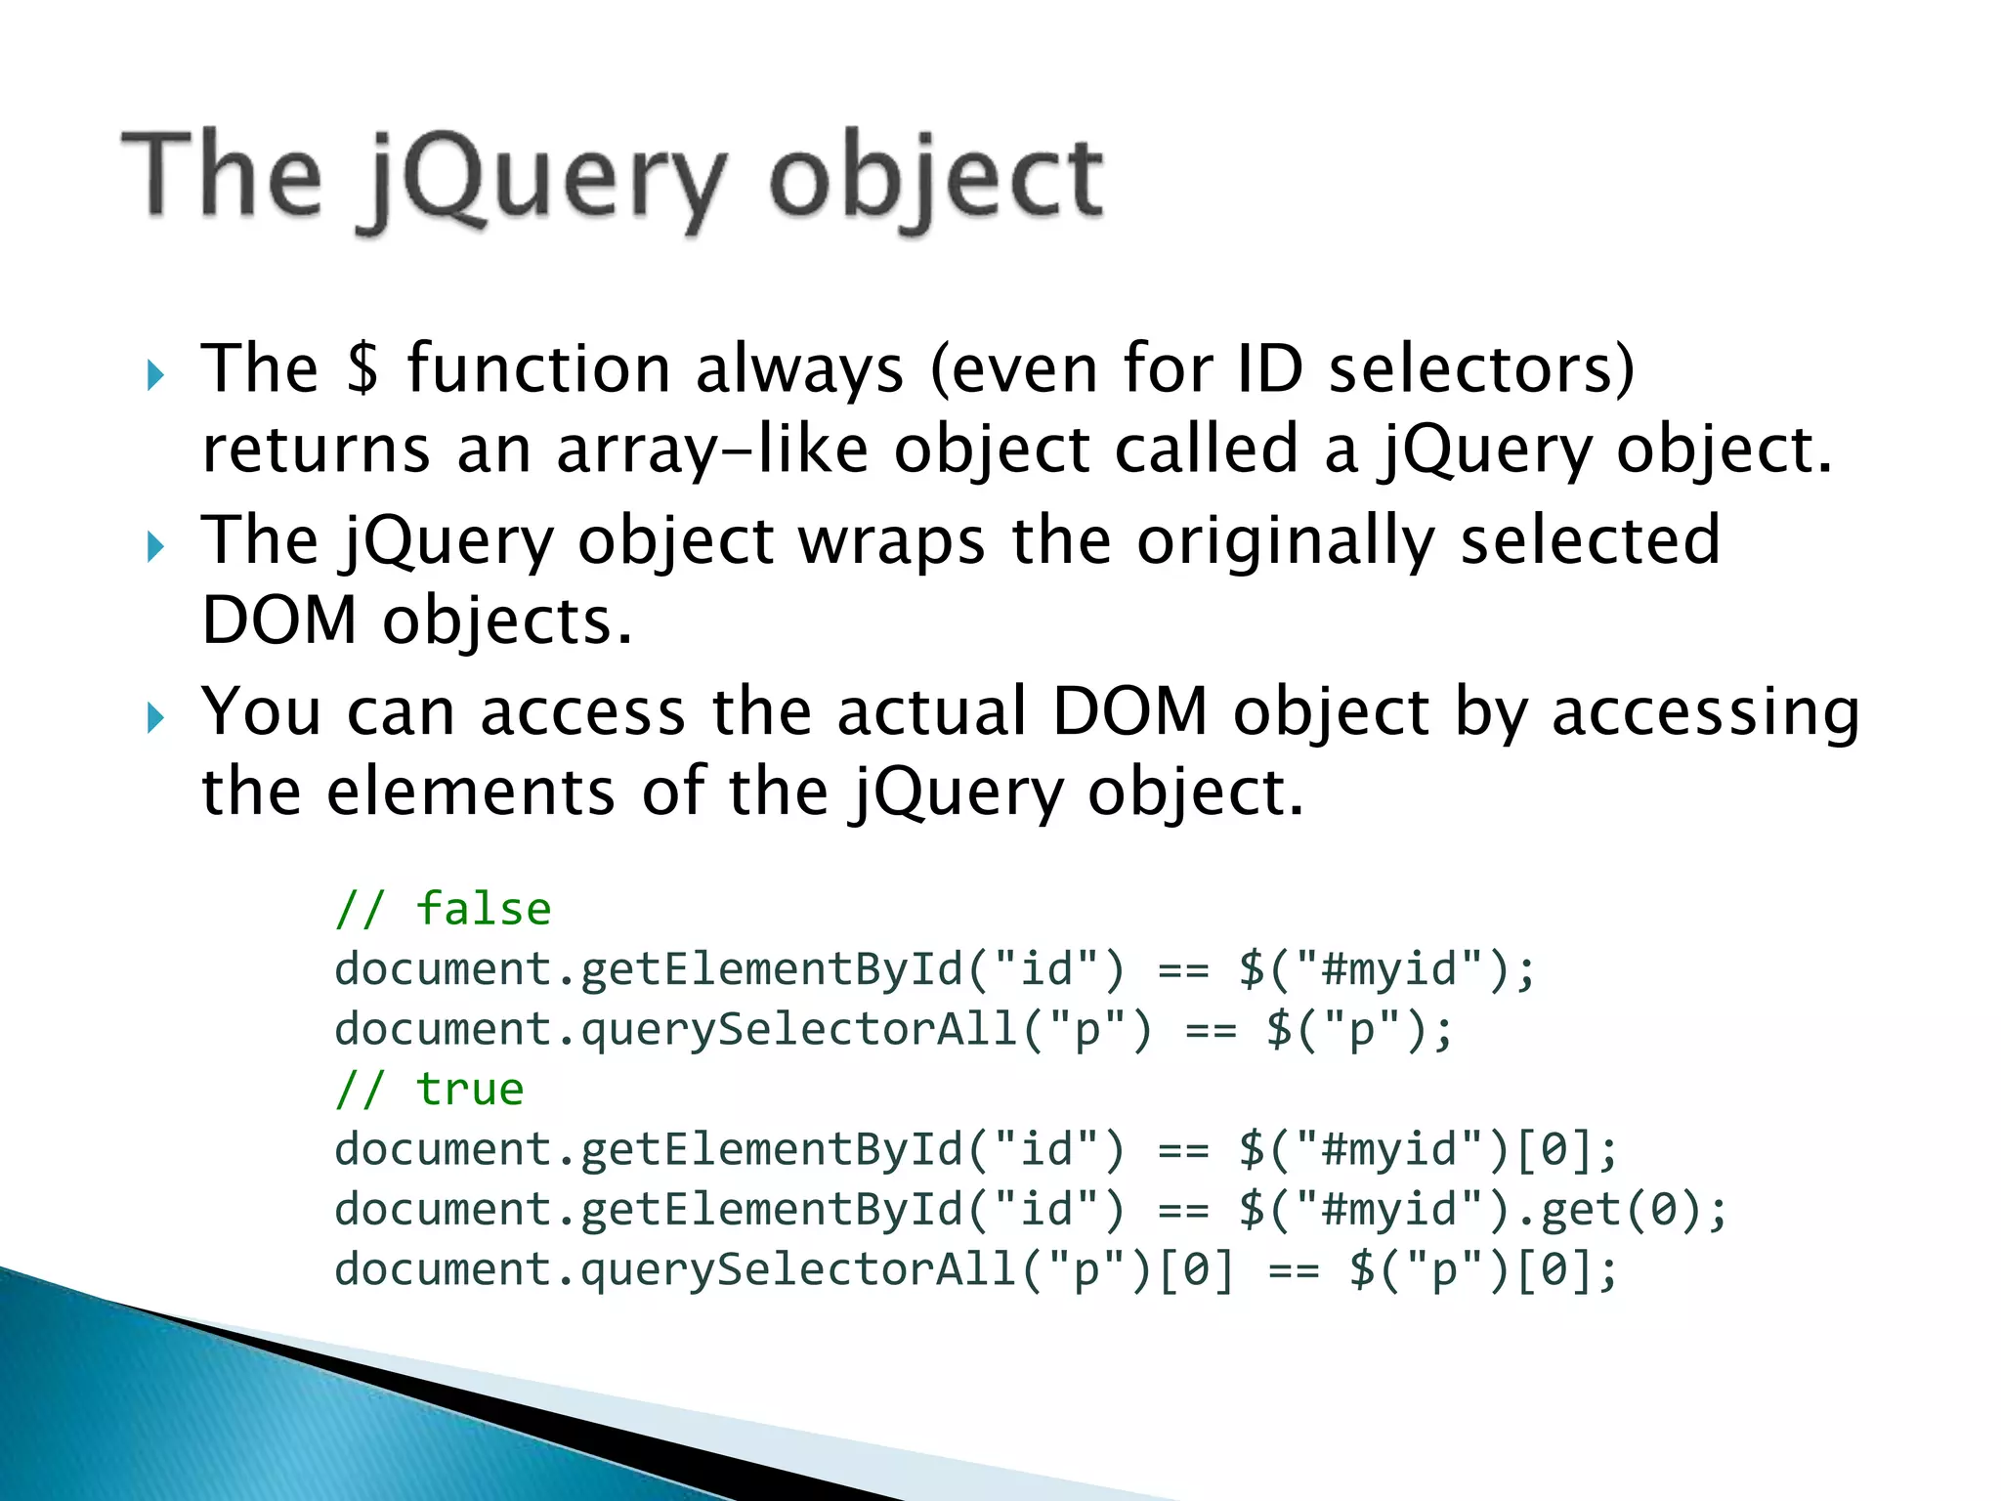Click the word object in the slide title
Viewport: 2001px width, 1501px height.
tap(936, 181)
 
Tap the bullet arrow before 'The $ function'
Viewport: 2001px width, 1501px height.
tap(155, 374)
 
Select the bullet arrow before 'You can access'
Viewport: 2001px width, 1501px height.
tap(155, 718)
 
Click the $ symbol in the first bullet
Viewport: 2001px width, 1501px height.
tap(362, 369)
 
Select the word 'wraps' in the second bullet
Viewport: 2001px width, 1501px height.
tap(891, 541)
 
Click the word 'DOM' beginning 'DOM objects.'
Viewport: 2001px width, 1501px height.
tap(279, 622)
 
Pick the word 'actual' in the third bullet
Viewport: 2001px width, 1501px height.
tap(931, 711)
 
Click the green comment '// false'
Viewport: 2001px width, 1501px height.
tap(443, 910)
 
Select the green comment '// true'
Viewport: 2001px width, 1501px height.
tap(429, 1090)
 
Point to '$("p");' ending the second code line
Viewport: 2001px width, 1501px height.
tap(1360, 1030)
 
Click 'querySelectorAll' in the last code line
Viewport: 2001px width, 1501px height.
tap(799, 1270)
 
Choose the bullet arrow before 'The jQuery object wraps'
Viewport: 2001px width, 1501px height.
tap(155, 546)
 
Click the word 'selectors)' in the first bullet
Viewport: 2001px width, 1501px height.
tap(1481, 369)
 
